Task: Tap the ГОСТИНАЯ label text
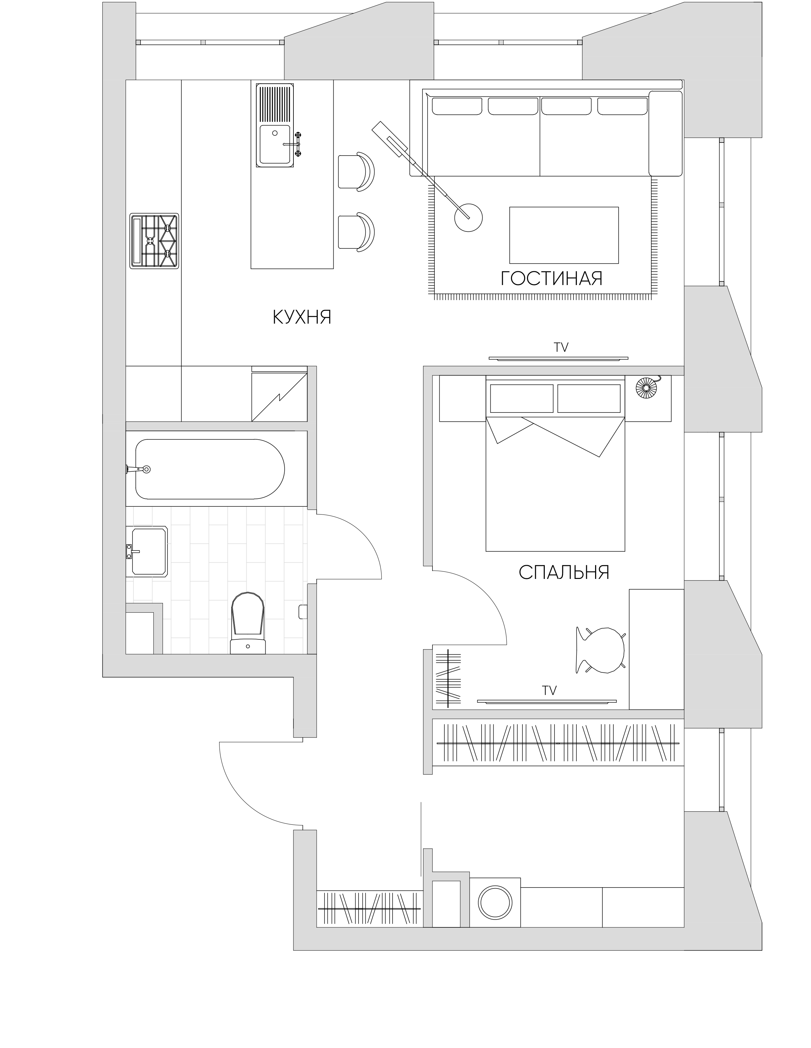pyautogui.click(x=551, y=278)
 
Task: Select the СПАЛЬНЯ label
pyautogui.click(x=564, y=572)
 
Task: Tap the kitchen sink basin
pyautogui.click(x=275, y=144)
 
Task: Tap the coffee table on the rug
pyautogui.click(x=564, y=235)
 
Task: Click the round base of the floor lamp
pyautogui.click(x=468, y=218)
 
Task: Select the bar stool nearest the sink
pyautogui.click(x=356, y=171)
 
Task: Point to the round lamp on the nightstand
pyautogui.click(x=647, y=387)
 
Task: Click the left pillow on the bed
pyautogui.click(x=520, y=398)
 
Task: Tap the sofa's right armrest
pyautogui.click(x=665, y=133)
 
